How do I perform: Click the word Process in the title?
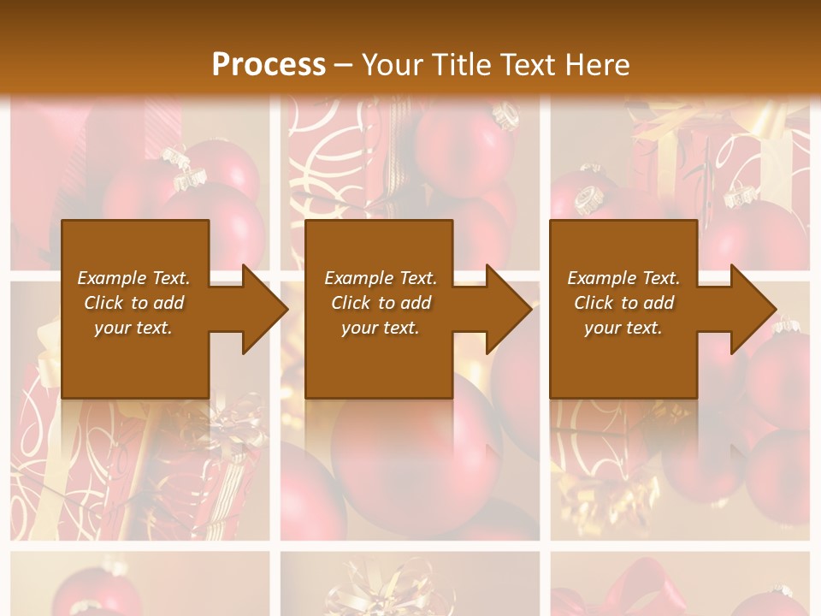click(269, 64)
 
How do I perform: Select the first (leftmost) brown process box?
click(135, 359)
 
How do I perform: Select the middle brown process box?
click(379, 359)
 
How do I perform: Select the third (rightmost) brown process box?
click(623, 359)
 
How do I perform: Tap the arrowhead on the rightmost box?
click(752, 309)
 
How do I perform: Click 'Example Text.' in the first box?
click(133, 278)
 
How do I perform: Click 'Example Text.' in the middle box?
click(380, 278)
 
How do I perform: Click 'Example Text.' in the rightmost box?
click(623, 278)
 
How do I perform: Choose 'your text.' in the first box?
click(133, 328)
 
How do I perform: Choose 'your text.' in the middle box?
click(380, 328)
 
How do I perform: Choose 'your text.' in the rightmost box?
click(623, 328)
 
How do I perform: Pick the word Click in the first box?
click(104, 303)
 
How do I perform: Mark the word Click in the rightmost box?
click(594, 303)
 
